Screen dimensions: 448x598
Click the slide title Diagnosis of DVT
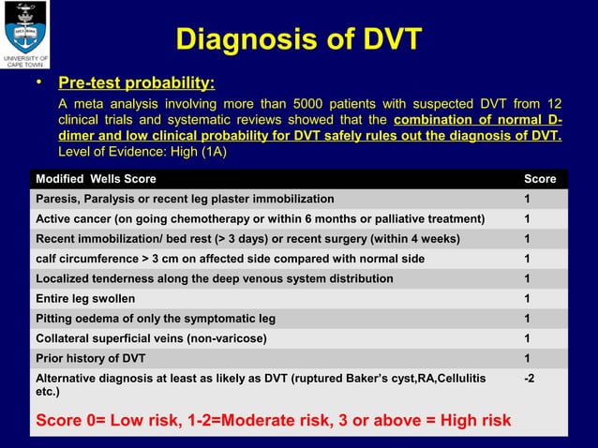[299, 40]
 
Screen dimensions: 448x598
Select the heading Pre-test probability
[137, 84]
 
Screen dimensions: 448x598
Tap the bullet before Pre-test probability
[40, 83]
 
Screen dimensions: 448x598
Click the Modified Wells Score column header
[96, 179]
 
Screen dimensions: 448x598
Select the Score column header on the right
[539, 179]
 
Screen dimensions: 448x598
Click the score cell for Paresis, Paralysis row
[528, 199]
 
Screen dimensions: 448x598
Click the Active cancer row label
[260, 219]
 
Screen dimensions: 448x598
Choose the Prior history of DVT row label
[90, 358]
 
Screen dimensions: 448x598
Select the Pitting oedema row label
[156, 319]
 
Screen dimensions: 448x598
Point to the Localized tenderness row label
[214, 278]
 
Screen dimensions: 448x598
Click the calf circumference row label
[230, 259]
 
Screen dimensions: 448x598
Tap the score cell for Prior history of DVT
[528, 358]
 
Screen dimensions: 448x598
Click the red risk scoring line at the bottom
[273, 420]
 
